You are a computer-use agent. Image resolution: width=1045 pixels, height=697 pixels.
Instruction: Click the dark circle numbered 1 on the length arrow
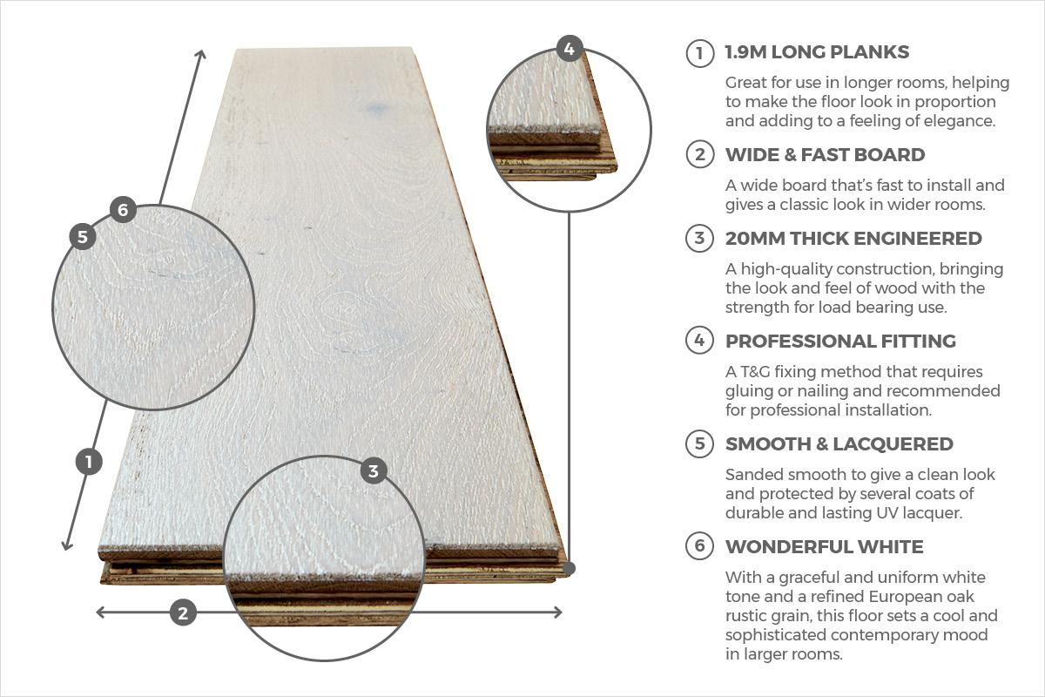point(90,461)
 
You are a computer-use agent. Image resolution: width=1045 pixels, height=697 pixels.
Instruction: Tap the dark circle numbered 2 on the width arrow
point(182,612)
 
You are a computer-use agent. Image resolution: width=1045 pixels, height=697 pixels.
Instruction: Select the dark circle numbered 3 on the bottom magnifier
point(374,471)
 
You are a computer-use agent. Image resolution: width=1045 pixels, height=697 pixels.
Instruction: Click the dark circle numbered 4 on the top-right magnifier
point(569,49)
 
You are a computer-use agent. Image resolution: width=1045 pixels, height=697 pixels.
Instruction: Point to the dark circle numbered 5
point(82,236)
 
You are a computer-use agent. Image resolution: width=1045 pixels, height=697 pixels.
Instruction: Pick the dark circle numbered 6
point(123,210)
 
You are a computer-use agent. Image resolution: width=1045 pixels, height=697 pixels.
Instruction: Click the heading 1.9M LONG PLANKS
point(817,52)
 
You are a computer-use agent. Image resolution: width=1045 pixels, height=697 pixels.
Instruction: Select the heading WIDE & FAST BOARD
point(825,155)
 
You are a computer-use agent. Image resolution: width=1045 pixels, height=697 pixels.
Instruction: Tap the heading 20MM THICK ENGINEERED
point(853,238)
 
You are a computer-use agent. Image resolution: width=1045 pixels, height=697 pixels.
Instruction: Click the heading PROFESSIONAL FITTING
point(840,341)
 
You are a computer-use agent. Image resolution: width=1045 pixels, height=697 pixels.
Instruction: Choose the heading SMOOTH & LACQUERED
point(839,443)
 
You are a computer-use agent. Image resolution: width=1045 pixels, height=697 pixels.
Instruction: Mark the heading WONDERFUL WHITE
point(824,546)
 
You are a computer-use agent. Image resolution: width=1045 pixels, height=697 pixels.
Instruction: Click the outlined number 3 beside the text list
point(699,238)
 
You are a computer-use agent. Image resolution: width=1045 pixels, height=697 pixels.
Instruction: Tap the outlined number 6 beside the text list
point(699,546)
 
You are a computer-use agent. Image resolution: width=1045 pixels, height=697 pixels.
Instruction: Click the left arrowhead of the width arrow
point(99,612)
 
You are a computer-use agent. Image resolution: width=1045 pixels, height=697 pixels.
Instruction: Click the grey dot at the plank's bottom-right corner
point(569,568)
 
